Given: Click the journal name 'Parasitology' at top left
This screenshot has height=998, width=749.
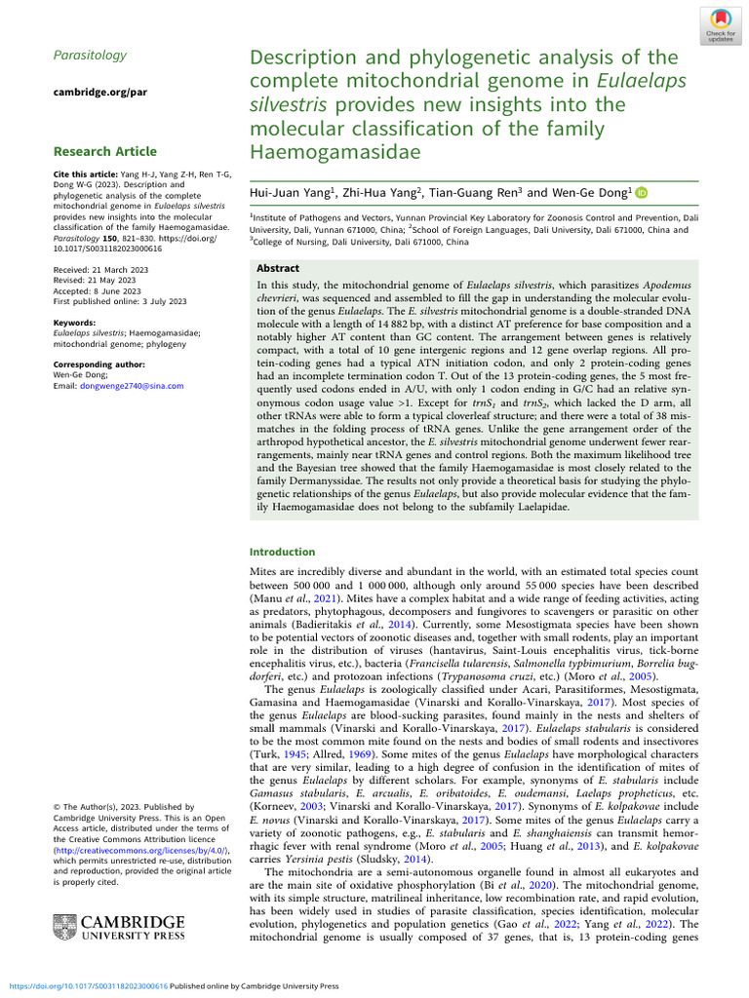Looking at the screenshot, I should coord(90,56).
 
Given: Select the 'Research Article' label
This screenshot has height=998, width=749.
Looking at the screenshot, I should coord(104,151).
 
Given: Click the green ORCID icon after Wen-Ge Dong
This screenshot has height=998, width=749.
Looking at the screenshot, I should coord(642,193).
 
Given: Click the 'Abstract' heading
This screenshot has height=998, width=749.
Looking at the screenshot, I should coord(278,268).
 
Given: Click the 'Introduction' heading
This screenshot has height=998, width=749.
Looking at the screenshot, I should coord(283,552).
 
